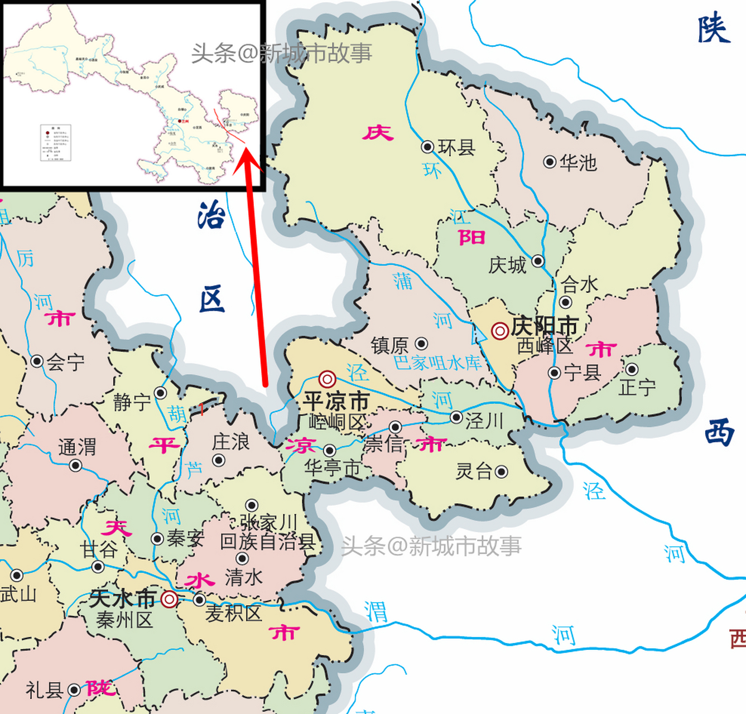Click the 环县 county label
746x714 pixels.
coord(456,147)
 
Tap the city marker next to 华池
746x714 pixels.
coord(550,162)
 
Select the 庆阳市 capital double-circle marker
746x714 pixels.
coord(499,331)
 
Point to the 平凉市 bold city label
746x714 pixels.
coord(336,401)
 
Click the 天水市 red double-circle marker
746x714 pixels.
coord(170,600)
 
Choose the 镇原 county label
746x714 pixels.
coord(390,345)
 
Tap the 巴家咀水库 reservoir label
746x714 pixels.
coord(437,363)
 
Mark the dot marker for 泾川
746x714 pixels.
coord(456,417)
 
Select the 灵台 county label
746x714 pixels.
coord(474,472)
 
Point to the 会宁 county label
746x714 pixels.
coord(65,363)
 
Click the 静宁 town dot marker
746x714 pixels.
coord(161,393)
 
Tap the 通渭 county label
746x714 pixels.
coord(77,447)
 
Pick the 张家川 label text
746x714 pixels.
coord(269,523)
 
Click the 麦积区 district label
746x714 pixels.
coord(233,614)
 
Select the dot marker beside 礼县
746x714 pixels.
coord(74,691)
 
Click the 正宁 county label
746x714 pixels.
coord(637,387)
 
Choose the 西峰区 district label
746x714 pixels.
coord(545,346)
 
